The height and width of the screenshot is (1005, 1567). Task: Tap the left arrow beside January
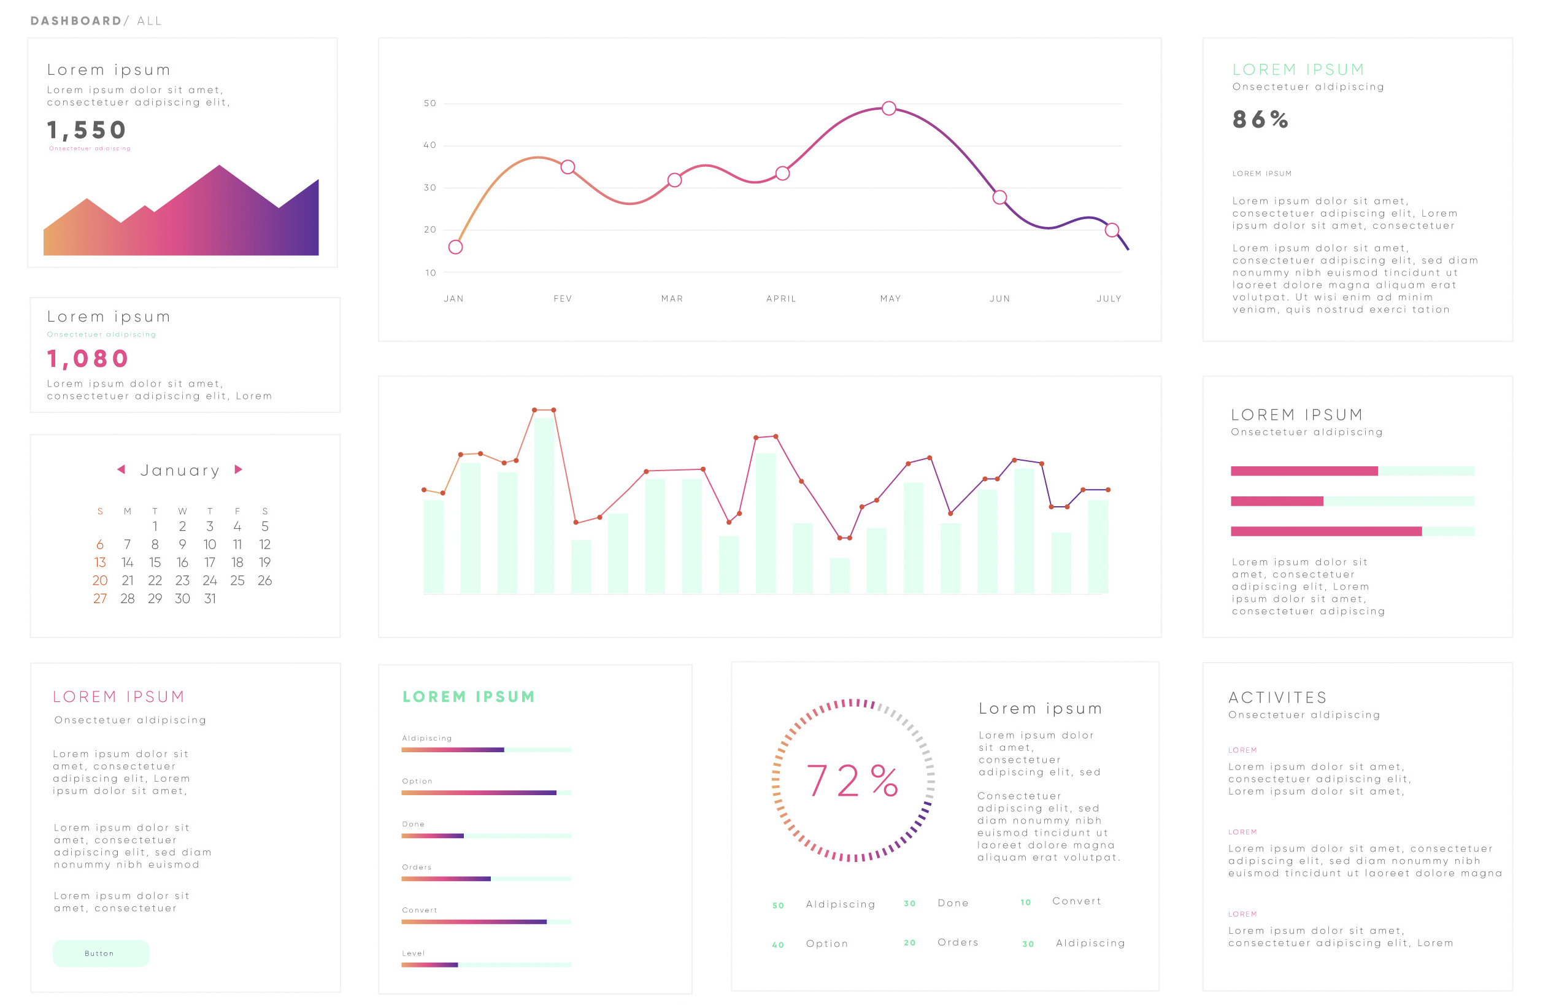click(121, 469)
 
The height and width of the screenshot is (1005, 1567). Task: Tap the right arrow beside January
click(239, 469)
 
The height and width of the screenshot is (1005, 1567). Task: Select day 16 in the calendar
click(182, 562)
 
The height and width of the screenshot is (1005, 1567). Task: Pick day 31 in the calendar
click(209, 598)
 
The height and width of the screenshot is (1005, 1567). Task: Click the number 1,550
click(87, 130)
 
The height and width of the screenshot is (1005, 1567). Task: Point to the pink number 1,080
click(88, 358)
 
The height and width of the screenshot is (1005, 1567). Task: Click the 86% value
click(1260, 120)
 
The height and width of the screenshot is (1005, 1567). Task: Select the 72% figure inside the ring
click(853, 781)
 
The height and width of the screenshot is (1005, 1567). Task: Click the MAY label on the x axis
click(890, 299)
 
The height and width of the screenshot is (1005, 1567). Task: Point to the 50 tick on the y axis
click(430, 103)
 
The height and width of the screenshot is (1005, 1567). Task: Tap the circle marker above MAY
click(889, 109)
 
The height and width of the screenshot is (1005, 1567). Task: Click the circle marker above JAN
click(455, 247)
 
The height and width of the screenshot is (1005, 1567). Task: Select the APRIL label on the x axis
click(781, 299)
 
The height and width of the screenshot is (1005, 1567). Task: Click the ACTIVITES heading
click(1277, 698)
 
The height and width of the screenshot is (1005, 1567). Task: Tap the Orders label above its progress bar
click(417, 868)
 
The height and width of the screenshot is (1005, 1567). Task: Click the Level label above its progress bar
click(413, 953)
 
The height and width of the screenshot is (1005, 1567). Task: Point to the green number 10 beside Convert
click(1025, 903)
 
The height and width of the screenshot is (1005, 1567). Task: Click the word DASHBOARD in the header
click(75, 21)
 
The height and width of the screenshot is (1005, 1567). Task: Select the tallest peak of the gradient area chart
click(219, 166)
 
